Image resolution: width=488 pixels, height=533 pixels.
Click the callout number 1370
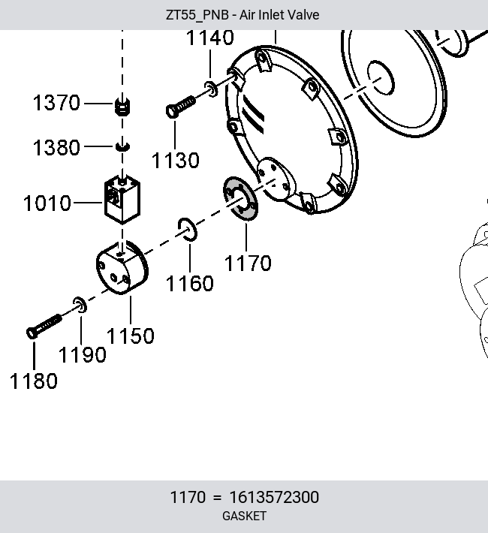(x=56, y=103)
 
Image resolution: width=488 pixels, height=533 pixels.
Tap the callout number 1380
(x=56, y=148)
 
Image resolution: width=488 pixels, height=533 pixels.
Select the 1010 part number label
(x=47, y=203)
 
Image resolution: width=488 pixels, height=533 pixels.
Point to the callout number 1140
(x=210, y=37)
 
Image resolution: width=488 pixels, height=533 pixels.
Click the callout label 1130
(x=176, y=160)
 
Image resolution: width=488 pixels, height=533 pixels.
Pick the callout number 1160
(x=190, y=283)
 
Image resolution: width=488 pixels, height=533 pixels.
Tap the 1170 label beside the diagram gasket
(x=248, y=263)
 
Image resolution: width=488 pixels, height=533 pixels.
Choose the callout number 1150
(x=131, y=336)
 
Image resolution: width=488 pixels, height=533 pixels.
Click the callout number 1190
(x=83, y=355)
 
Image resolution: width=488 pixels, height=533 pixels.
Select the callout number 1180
(x=34, y=381)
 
